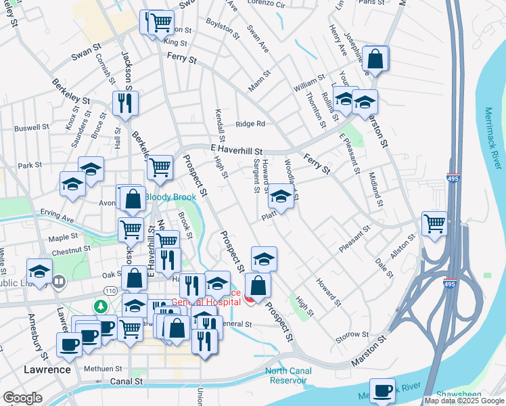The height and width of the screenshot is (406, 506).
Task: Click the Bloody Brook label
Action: [170, 198]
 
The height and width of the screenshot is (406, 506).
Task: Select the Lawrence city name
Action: [47, 369]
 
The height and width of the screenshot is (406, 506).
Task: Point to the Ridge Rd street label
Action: [250, 124]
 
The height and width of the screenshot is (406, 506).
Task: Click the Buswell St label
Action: [32, 127]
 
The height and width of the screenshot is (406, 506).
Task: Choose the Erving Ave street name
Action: [56, 219]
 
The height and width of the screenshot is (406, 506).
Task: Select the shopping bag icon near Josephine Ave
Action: [375, 59]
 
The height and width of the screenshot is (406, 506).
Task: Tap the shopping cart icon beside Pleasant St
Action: [434, 223]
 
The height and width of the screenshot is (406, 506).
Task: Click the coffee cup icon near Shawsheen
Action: [382, 390]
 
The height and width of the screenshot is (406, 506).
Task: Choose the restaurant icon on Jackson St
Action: [125, 102]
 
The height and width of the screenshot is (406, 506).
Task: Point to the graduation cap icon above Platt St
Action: [281, 198]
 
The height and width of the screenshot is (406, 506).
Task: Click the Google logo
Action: [22, 398]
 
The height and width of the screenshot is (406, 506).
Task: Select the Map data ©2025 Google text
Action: [464, 401]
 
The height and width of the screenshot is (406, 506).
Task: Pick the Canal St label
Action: [127, 382]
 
